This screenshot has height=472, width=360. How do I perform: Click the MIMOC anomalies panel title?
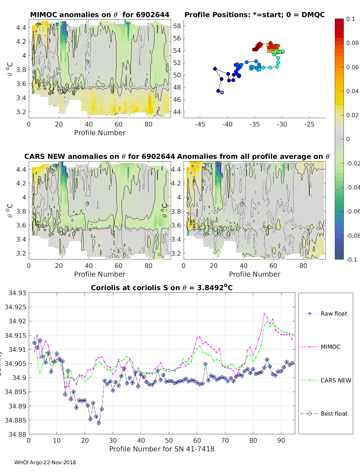(x=100, y=15)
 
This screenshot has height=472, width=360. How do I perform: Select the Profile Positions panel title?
(x=254, y=15)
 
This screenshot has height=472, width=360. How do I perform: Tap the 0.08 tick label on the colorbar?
(x=352, y=43)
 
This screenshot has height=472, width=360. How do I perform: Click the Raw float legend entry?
(x=334, y=313)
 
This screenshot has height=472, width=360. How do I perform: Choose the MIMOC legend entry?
(x=330, y=347)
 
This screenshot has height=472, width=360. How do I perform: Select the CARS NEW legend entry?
(x=335, y=380)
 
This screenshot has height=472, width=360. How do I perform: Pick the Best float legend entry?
(x=334, y=414)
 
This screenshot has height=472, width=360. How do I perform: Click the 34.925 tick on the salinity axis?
(x=15, y=307)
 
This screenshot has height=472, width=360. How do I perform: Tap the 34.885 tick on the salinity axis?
(x=15, y=420)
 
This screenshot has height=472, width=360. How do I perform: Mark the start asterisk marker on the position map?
(x=222, y=92)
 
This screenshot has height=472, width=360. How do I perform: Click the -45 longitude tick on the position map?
(x=200, y=124)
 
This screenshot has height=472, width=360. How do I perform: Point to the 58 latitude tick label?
(x=177, y=26)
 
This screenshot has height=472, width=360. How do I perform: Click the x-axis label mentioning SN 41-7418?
(x=162, y=449)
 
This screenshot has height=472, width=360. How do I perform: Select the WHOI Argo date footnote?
(x=45, y=462)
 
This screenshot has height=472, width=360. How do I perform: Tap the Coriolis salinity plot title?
(x=162, y=288)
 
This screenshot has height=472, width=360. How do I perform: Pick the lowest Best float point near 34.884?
(x=99, y=423)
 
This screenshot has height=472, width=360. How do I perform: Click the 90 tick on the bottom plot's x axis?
(x=281, y=440)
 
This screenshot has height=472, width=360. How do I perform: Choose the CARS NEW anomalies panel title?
(x=100, y=156)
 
